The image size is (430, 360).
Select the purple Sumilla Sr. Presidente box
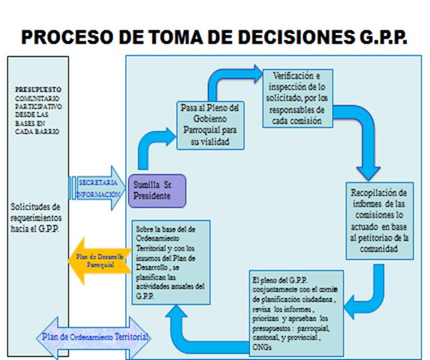coord(158,190)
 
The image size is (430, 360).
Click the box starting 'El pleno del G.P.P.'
coord(293,310)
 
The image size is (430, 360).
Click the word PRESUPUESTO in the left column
coord(37,89)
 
